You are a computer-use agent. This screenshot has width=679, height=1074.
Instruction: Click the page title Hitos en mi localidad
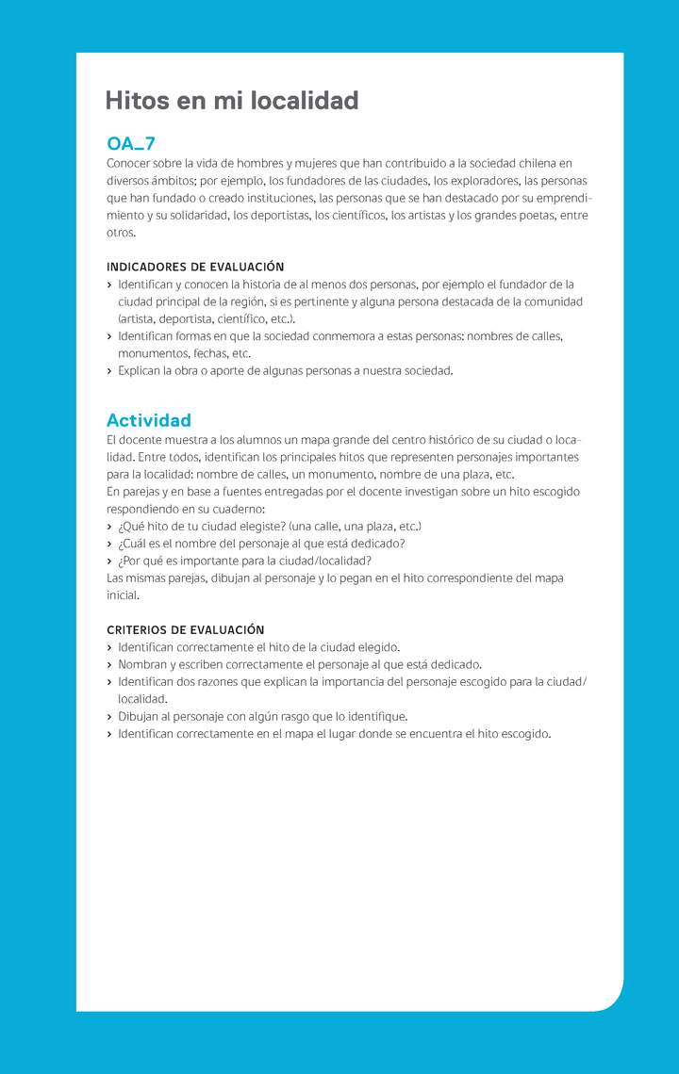coord(232,101)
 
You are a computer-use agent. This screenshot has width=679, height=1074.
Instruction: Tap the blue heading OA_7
coord(131,144)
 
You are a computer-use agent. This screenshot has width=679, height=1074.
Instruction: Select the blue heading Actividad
coord(149,420)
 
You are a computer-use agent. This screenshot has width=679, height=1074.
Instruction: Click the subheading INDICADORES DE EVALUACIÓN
coord(195,268)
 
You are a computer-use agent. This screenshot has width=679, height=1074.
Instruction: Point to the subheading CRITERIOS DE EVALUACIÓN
coord(186,629)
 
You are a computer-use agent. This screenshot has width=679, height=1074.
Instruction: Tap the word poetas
coord(541,216)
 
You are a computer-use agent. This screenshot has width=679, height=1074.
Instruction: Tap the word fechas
coord(207,353)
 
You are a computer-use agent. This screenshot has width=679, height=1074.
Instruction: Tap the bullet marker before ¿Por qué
coord(109,561)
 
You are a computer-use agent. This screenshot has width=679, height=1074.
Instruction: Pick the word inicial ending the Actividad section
coord(123,595)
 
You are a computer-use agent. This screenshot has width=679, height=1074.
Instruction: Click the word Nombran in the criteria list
coord(142,664)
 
